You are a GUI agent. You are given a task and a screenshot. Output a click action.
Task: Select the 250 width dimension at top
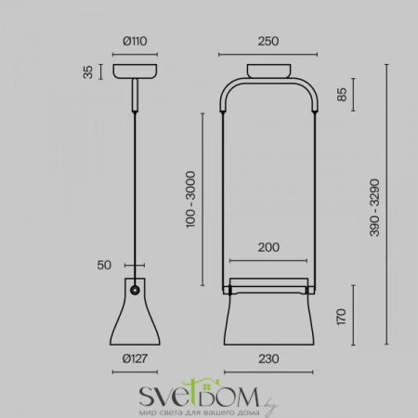269,40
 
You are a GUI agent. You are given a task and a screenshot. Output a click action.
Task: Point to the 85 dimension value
343,94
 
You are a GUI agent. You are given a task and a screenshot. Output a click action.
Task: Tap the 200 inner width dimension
268,249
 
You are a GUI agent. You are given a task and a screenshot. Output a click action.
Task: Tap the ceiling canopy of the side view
136,72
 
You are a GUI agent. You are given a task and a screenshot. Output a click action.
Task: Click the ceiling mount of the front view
269,72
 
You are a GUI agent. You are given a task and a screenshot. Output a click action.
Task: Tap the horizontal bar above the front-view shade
268,281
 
